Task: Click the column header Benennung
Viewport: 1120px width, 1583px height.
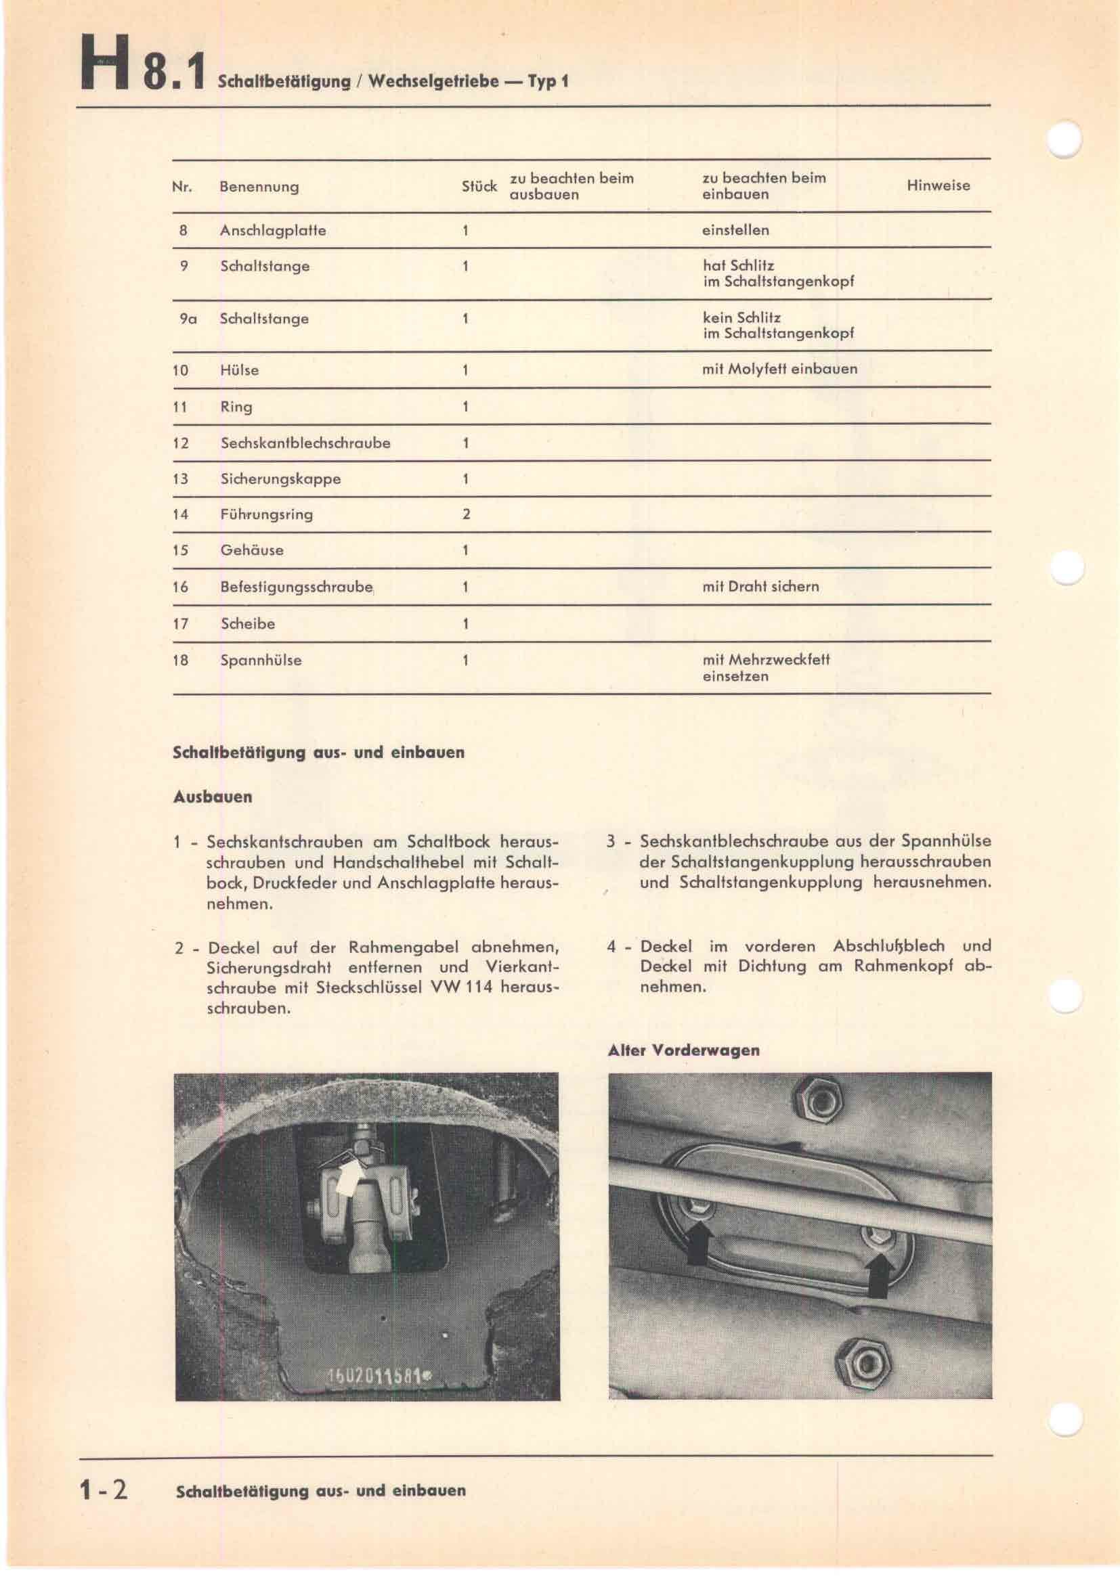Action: point(259,187)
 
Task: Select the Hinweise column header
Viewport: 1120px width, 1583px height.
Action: point(938,185)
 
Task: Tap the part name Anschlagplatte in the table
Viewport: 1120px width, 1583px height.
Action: point(272,230)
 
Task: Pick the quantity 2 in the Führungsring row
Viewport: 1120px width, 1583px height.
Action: point(466,514)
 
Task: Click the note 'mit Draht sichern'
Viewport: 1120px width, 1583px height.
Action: point(760,587)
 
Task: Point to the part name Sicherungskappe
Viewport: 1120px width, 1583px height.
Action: point(280,478)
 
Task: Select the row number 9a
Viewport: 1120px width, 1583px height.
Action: point(188,319)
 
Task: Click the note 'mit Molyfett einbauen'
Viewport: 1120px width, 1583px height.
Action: point(779,369)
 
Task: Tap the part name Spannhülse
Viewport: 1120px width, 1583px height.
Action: point(261,660)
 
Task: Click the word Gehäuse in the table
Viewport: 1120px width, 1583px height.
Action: point(252,550)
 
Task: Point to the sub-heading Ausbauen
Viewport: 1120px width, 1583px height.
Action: point(213,797)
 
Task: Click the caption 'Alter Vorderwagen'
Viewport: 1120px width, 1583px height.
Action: point(683,1051)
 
